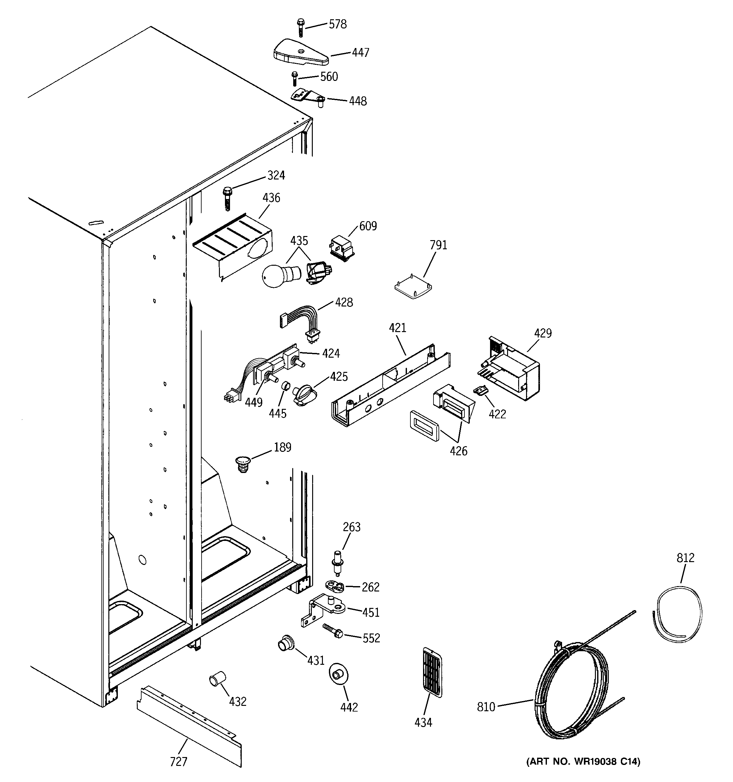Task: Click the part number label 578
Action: pos(337,24)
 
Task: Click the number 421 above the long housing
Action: pos(397,328)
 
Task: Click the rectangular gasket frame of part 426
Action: pos(424,426)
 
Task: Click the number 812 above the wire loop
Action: pos(685,558)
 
